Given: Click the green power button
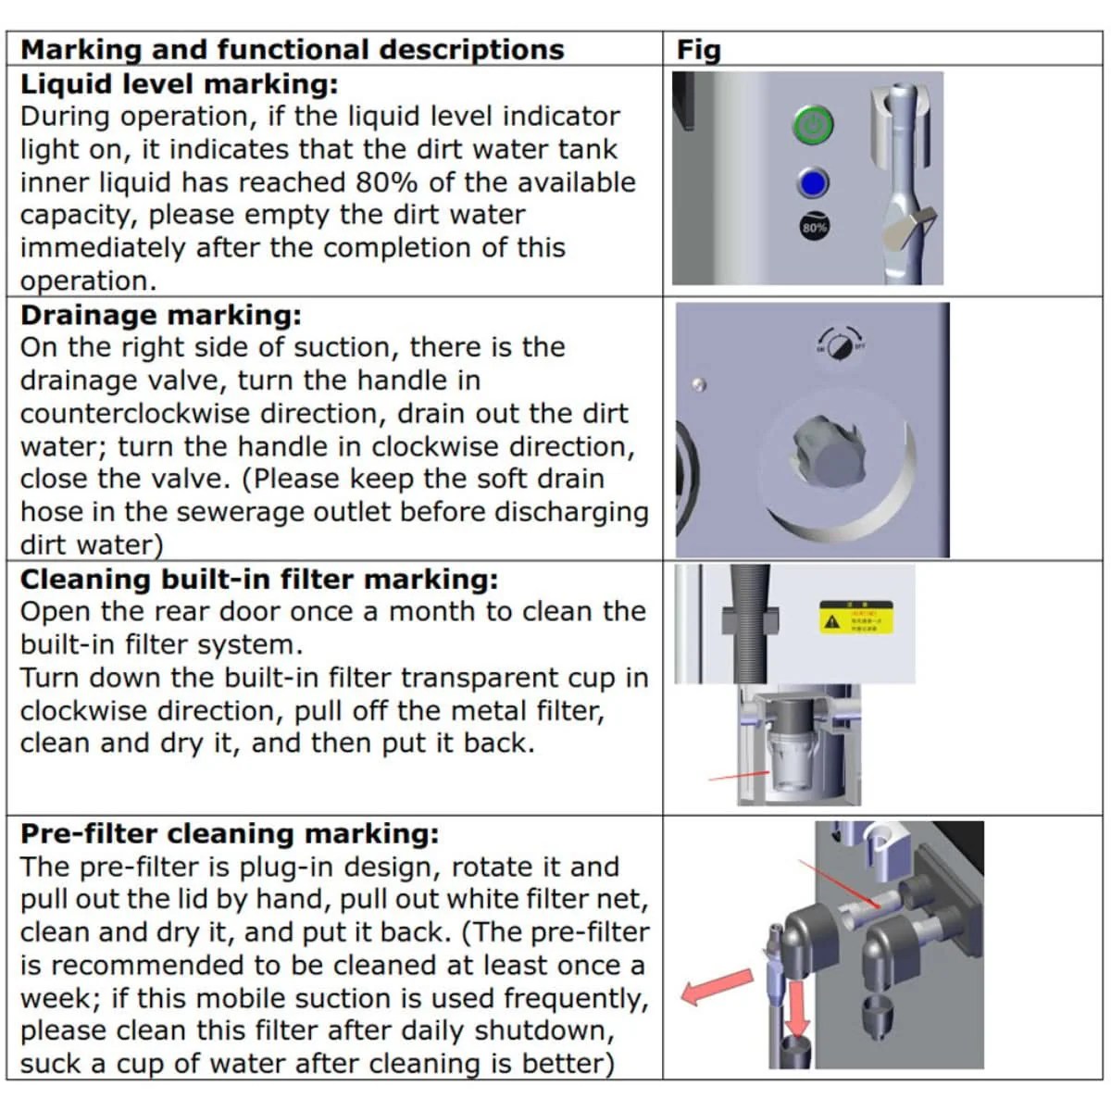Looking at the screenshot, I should pos(813,126).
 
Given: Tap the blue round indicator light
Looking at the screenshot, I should pos(813,183).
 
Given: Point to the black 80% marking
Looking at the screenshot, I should pos(814,227).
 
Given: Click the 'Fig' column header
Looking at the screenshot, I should pos(699,49).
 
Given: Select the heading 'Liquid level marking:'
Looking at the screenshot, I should pos(180,83).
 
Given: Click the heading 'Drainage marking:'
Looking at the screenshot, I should pos(161,315).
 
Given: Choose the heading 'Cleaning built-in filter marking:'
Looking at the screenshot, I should pos(259,580).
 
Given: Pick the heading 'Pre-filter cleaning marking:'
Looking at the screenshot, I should pos(230,833).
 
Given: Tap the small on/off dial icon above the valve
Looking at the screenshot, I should pos(840,343).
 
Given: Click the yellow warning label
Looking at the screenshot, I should pos(855,618).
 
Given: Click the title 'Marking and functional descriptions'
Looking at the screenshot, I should pos(293,49).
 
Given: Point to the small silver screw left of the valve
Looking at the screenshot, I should pos(701,384).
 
